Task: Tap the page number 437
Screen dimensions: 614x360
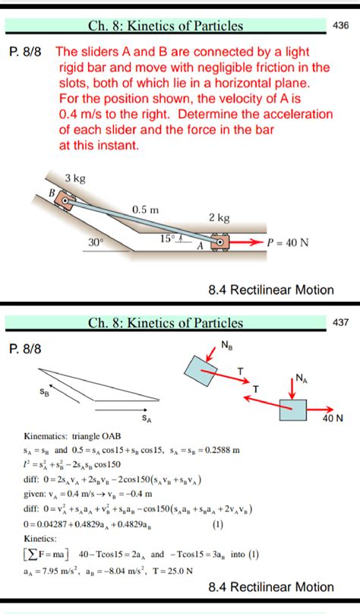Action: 341,322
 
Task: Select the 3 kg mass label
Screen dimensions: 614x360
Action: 74,178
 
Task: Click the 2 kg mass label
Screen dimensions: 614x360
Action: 219,218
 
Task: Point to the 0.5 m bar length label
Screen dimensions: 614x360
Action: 145,208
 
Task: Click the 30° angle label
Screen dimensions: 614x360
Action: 96,242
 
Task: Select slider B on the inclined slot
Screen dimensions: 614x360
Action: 66,200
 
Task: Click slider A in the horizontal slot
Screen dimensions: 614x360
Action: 219,242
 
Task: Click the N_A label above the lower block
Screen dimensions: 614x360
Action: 302,377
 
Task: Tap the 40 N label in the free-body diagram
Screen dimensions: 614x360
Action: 333,417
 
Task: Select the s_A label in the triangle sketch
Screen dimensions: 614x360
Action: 145,417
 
